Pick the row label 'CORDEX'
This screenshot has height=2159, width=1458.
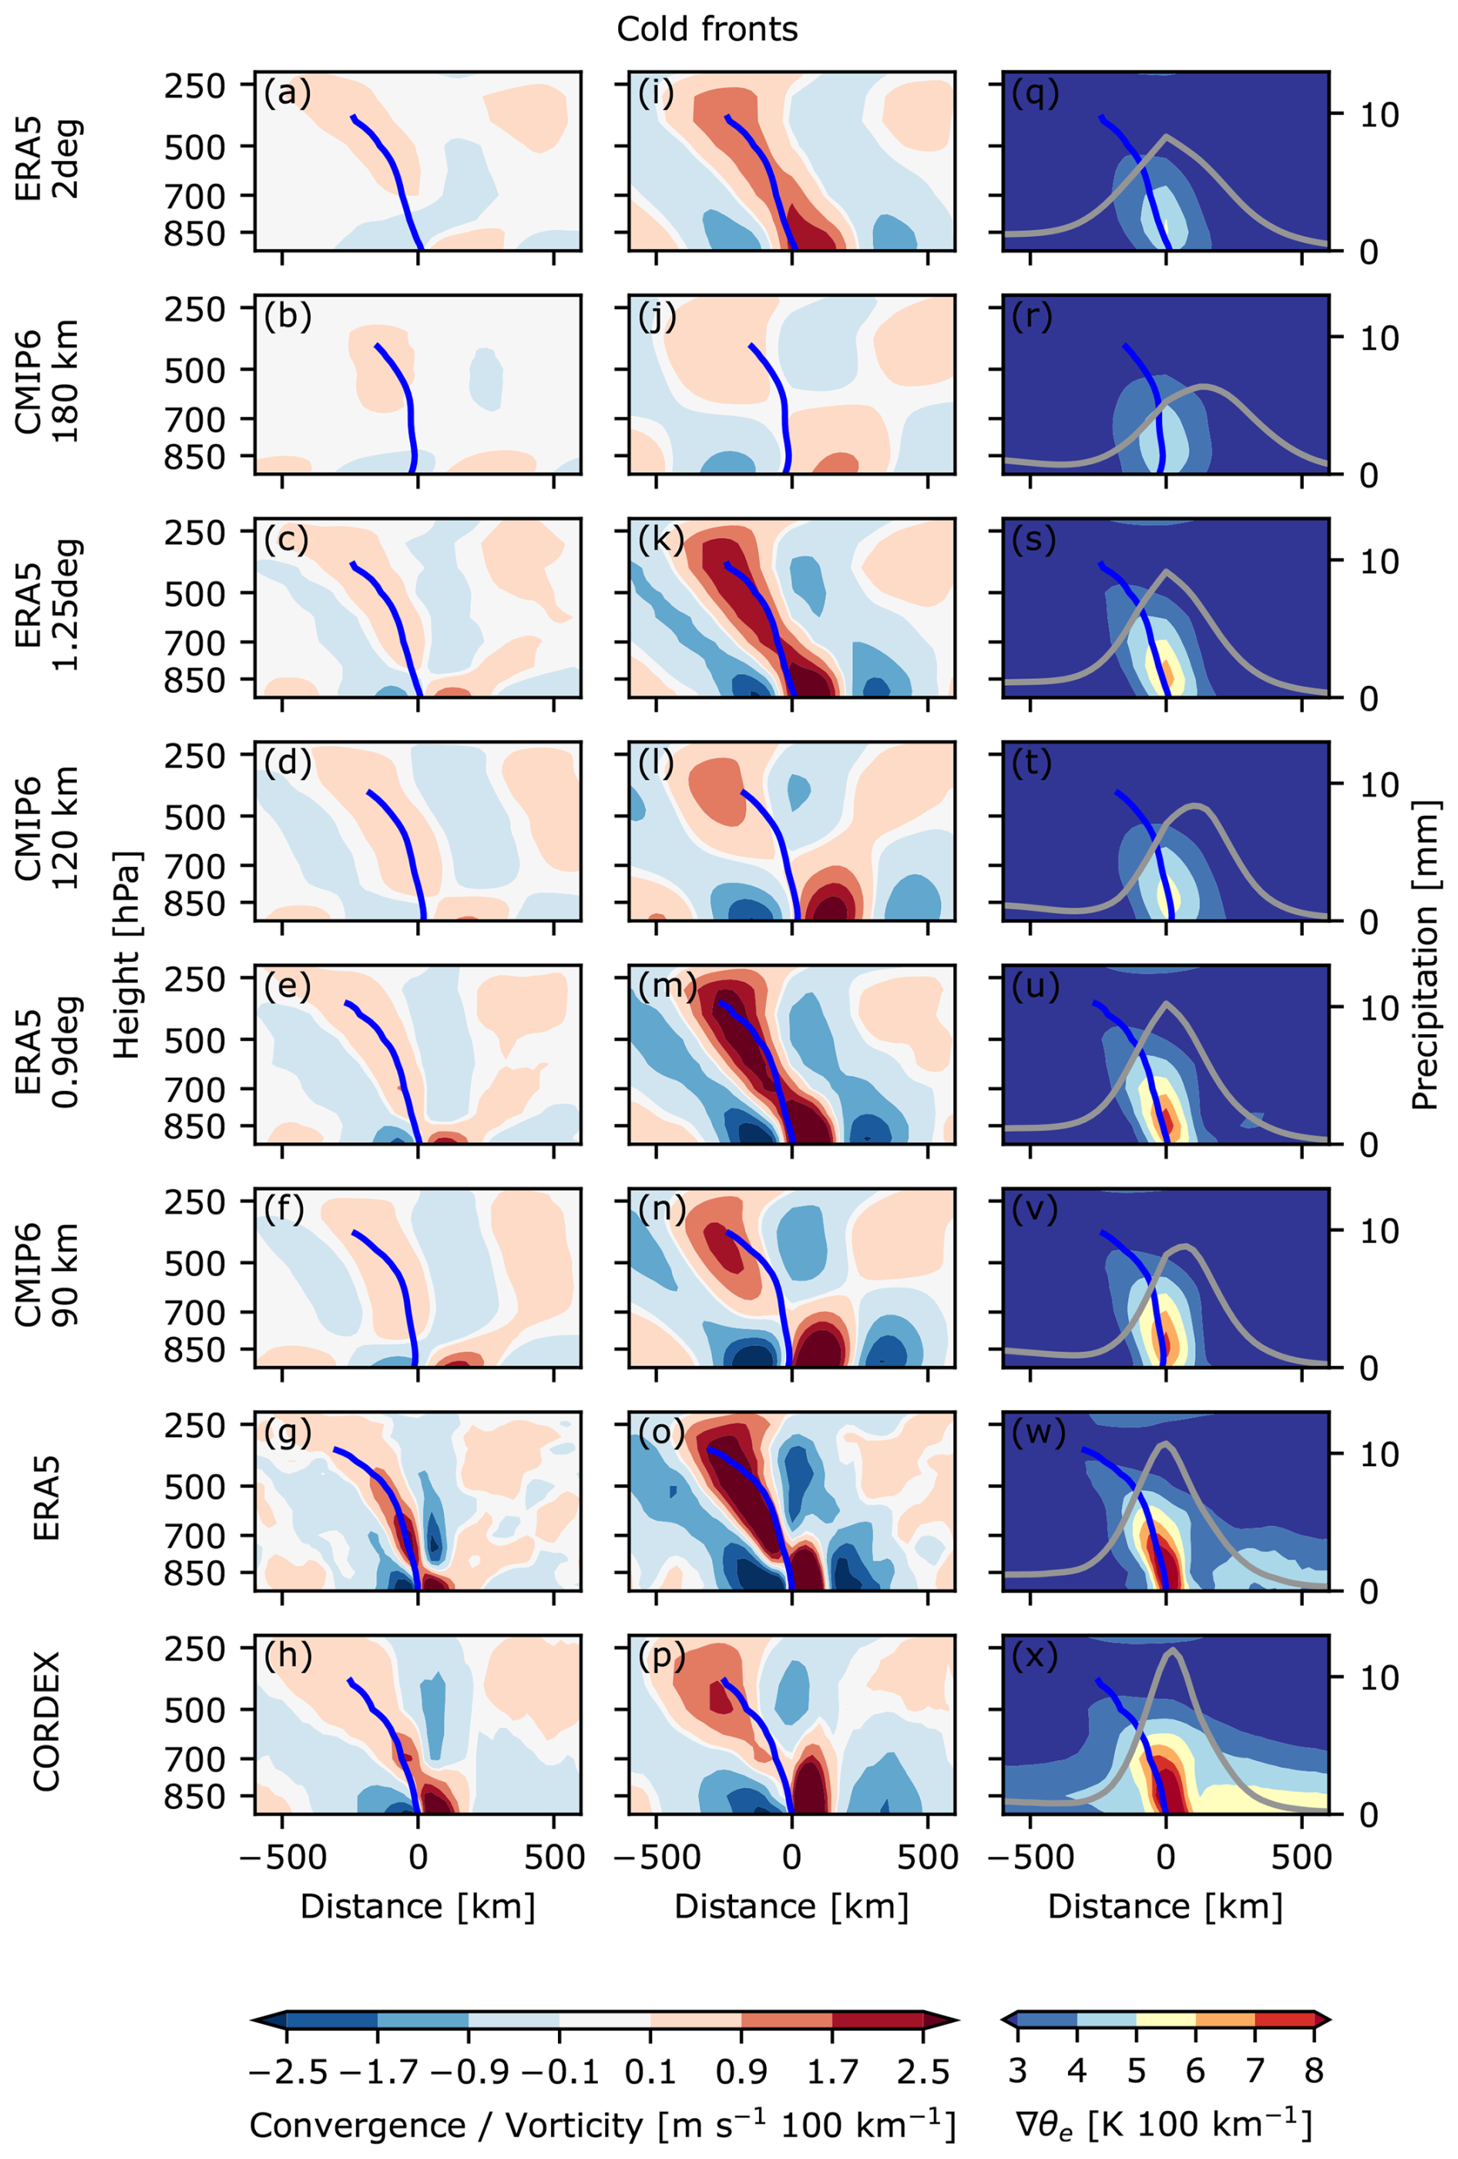coord(46,1721)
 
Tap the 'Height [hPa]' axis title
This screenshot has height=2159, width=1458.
coord(126,954)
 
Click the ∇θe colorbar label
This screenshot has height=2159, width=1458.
coord(1163,2124)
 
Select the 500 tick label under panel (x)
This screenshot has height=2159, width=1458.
coord(1301,1857)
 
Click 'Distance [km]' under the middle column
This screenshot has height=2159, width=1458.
coord(791,1906)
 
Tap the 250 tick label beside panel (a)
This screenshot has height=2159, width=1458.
coord(195,86)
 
